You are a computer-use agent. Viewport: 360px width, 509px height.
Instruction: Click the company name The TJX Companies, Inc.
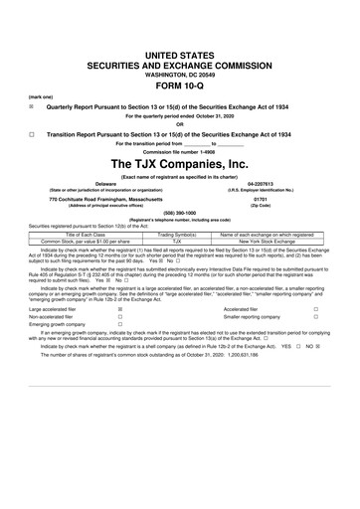[x=179, y=164]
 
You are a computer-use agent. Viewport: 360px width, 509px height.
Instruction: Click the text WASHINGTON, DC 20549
[x=179, y=45]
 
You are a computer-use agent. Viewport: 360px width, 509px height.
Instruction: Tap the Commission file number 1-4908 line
[x=179, y=150]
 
